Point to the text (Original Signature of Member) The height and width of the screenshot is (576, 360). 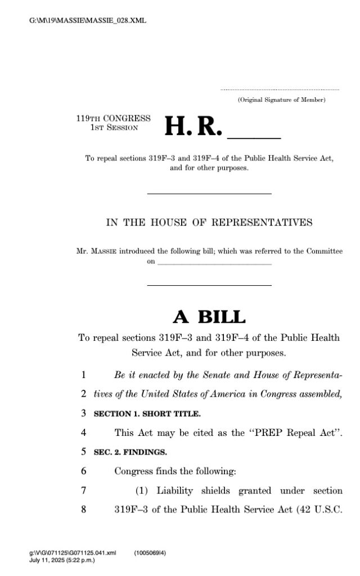click(281, 100)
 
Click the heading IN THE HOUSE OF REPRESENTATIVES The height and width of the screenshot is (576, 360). click(209, 222)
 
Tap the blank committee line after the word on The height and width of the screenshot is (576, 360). click(214, 262)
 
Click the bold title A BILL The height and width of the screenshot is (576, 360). click(209, 317)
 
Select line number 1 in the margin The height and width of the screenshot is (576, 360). click(83, 374)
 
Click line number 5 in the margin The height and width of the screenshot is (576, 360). click(83, 452)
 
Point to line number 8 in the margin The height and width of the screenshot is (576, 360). click(83, 510)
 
